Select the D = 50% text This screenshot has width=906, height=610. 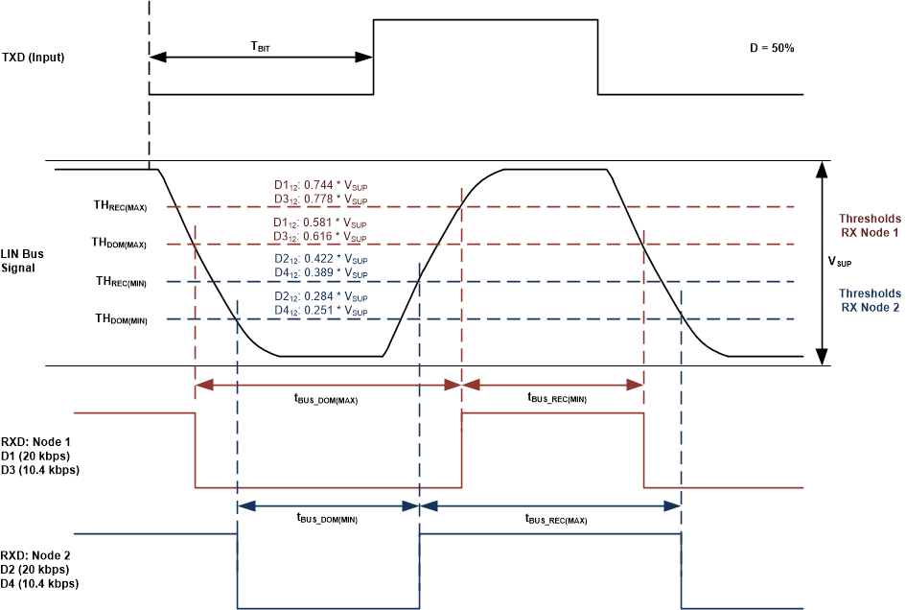771,48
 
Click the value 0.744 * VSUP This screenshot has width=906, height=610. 335,186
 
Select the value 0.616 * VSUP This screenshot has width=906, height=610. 335,237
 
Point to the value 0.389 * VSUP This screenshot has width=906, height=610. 335,273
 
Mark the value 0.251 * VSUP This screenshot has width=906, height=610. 335,311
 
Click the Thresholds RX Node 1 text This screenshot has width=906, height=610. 870,225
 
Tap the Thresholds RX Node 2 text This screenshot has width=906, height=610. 870,300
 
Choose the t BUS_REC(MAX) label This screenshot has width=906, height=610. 555,519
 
